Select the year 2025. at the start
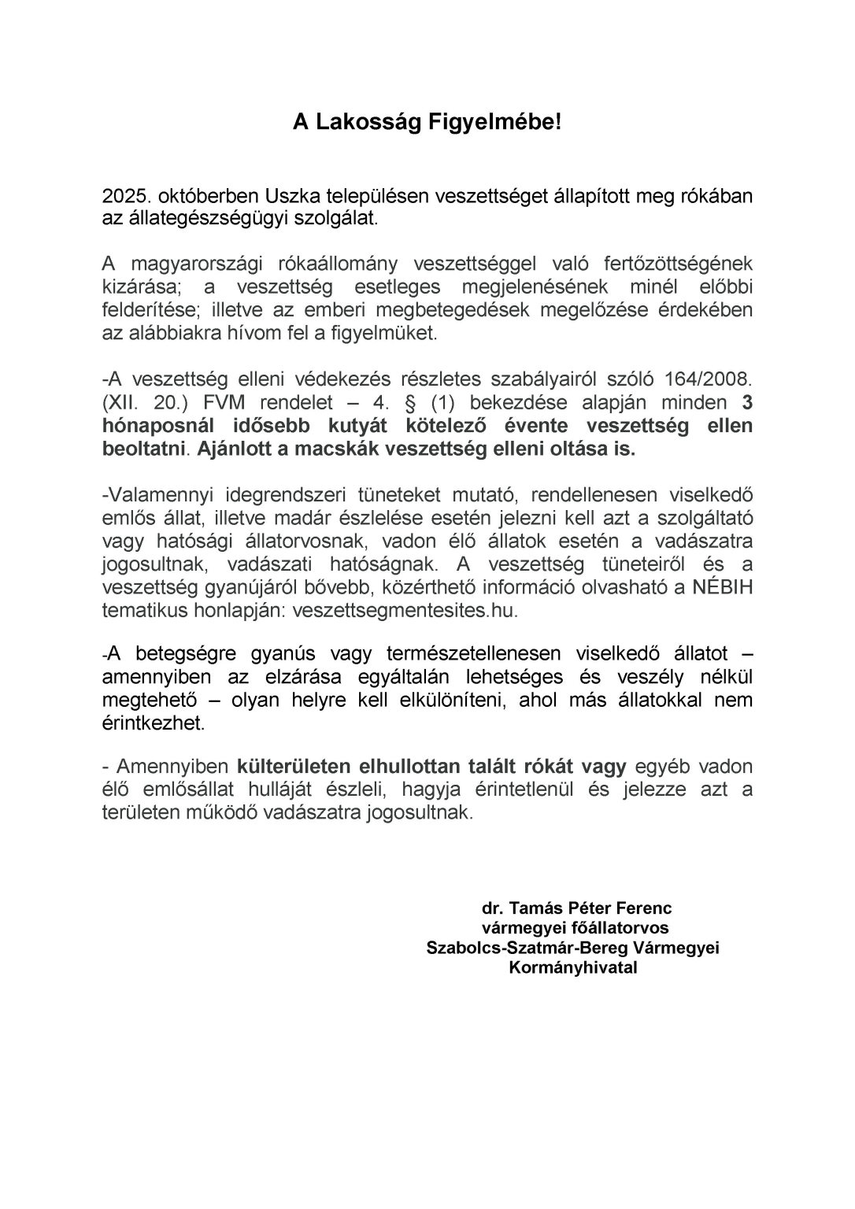click(x=126, y=195)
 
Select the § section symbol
click(x=408, y=403)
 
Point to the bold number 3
click(x=747, y=403)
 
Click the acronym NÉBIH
click(x=722, y=588)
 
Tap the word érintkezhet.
click(x=153, y=723)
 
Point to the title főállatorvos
click(x=622, y=928)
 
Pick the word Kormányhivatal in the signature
click(x=573, y=967)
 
